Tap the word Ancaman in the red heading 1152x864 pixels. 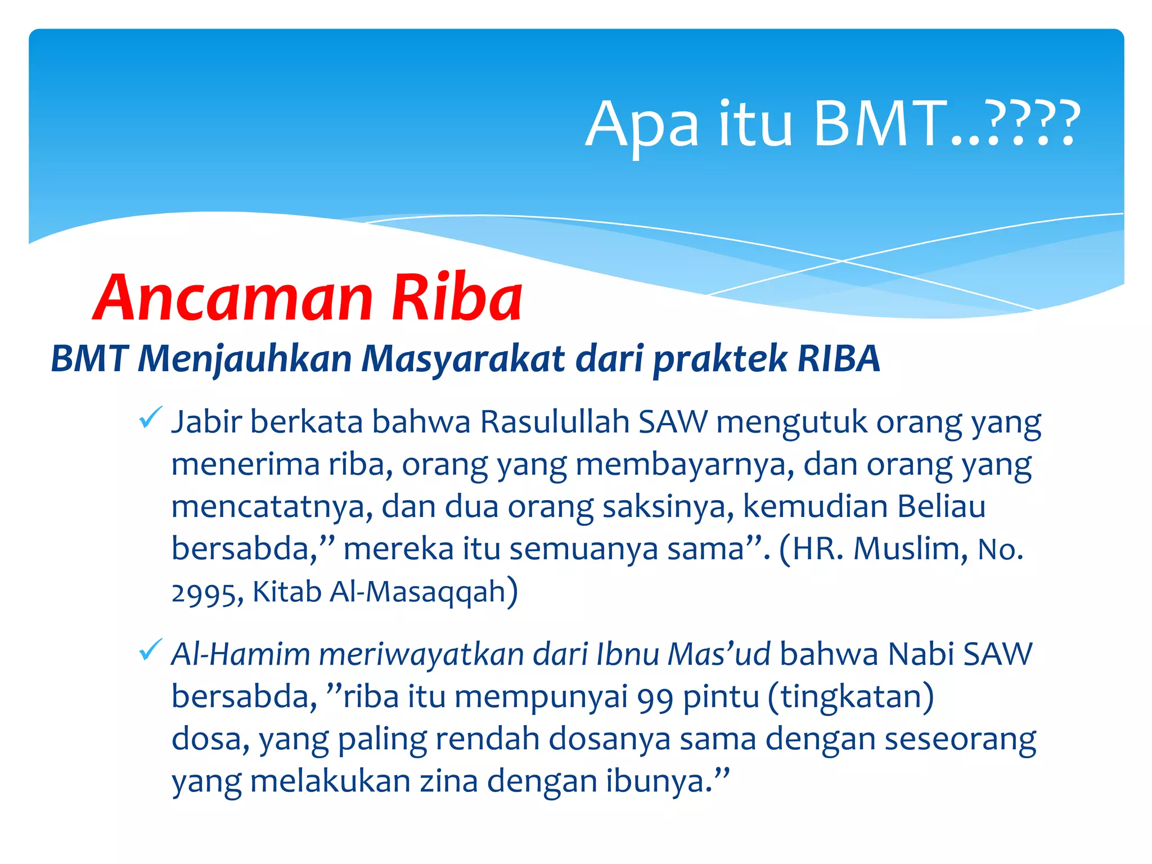(234, 298)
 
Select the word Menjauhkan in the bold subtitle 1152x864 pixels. (245, 358)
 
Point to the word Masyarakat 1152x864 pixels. (463, 358)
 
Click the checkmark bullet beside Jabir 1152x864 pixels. (150, 417)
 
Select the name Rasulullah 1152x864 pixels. (555, 422)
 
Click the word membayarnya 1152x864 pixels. (685, 465)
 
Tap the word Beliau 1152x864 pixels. (941, 506)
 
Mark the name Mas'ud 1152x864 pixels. (719, 655)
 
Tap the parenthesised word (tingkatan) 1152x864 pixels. (850, 697)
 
